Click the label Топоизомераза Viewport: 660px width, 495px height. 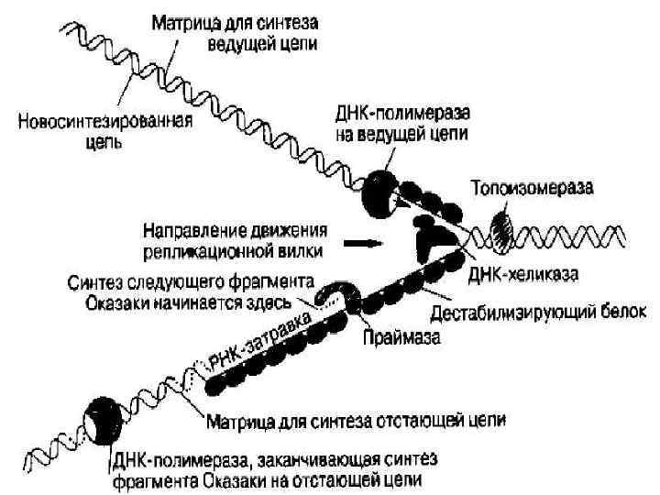pos(532,189)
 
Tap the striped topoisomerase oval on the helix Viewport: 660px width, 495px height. pos(503,226)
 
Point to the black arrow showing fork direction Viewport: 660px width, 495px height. pos(365,245)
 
